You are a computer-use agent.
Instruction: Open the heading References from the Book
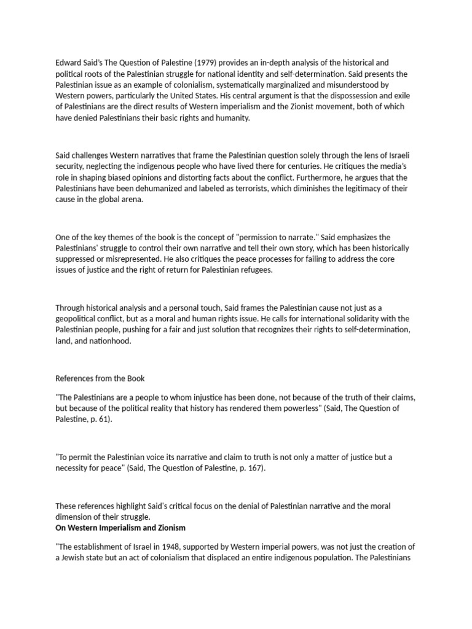pyautogui.click(x=101, y=378)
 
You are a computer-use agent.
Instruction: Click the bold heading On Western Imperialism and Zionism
pyautogui.click(x=120, y=528)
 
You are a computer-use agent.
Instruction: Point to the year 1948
pyautogui.click(x=172, y=547)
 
